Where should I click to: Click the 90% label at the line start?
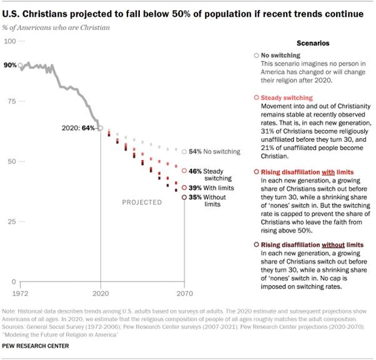[x=10, y=65]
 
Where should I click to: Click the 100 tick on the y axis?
[x=11, y=41]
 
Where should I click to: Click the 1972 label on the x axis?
[x=21, y=292]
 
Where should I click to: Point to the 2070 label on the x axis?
[x=184, y=292]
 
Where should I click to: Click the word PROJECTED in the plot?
[x=142, y=202]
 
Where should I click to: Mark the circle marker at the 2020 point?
[x=101, y=129]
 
